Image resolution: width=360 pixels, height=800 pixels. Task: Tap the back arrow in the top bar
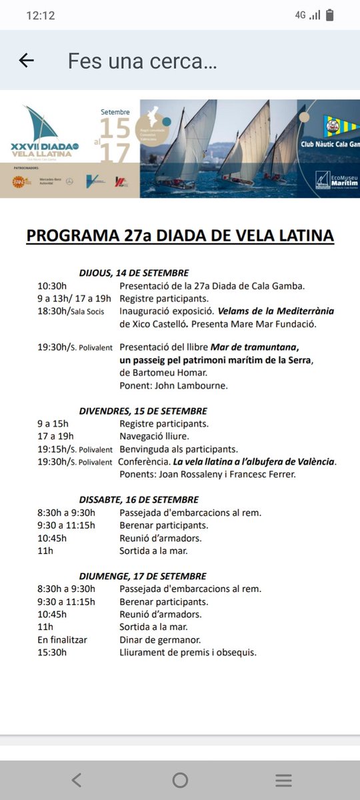26,61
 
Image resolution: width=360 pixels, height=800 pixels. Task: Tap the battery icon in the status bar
330,15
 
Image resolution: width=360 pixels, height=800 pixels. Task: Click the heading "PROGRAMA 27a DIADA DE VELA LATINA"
180,235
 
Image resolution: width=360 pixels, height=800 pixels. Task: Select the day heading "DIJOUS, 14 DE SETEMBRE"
133,273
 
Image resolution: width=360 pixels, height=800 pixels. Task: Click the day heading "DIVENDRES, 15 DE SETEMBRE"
143,411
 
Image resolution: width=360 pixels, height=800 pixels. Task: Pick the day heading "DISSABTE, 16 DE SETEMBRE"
138,499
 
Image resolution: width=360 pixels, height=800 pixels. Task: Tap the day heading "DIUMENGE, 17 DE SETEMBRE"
143,576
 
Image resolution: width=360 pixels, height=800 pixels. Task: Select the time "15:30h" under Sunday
52,653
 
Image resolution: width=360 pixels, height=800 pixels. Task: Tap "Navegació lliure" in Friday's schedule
154,437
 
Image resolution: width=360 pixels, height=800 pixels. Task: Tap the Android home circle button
180,781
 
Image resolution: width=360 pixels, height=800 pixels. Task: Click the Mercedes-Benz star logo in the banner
69,181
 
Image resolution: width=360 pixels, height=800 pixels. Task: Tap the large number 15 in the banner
115,127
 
